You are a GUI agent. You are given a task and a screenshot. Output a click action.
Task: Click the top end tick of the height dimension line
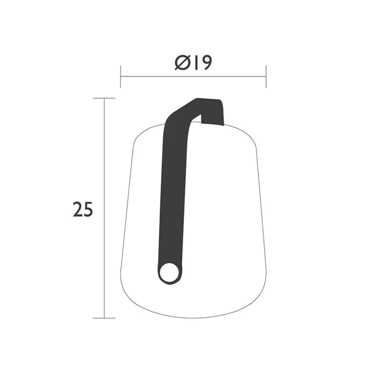pyautogui.click(x=104, y=98)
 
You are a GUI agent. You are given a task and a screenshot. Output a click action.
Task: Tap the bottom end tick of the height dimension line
pyautogui.click(x=104, y=318)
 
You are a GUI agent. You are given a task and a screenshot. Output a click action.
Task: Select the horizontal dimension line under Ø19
pyautogui.click(x=193, y=76)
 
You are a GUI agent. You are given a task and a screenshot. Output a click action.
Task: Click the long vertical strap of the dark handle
pyautogui.click(x=171, y=189)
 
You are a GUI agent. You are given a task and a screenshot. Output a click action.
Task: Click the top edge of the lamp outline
pyautogui.click(x=151, y=128)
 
